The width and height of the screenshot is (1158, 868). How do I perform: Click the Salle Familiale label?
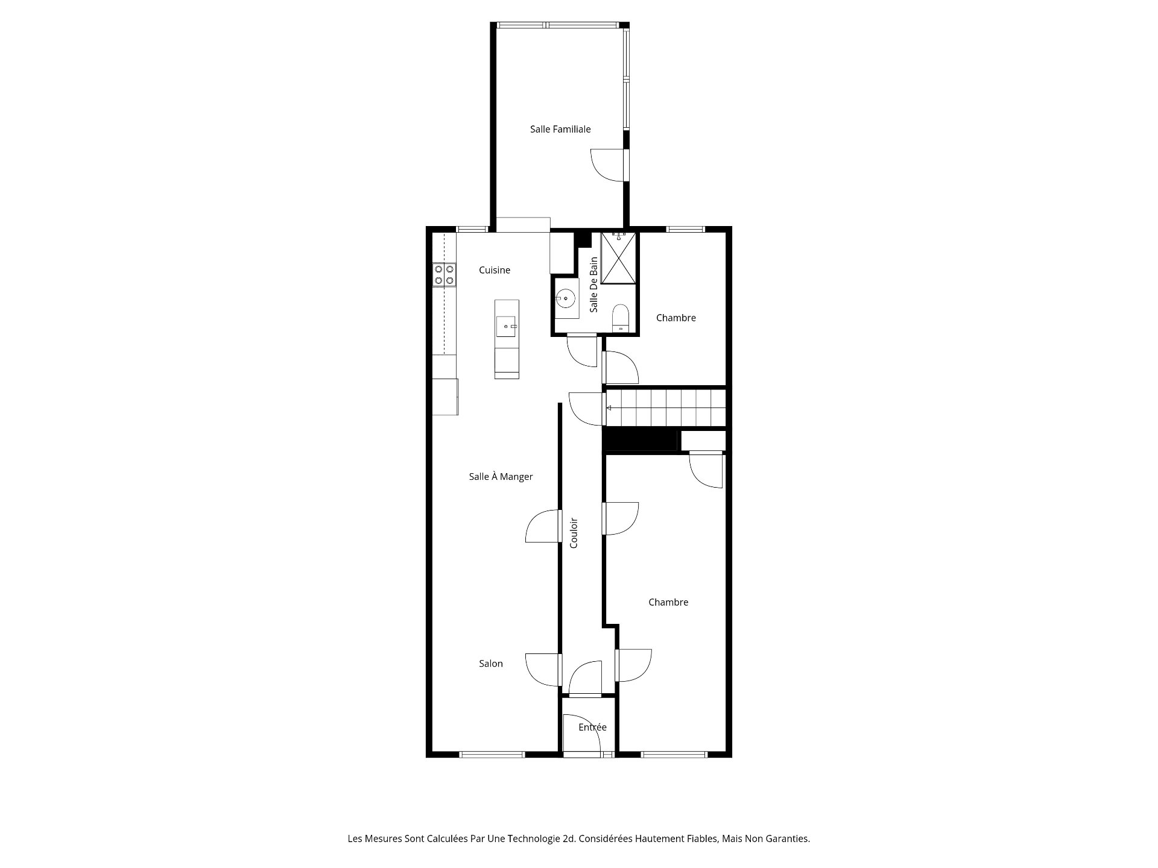click(x=560, y=129)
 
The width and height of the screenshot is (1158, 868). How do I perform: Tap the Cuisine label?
click(x=495, y=270)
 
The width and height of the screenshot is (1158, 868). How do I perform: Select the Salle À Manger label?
click(x=501, y=477)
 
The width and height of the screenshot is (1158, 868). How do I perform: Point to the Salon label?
click(x=491, y=664)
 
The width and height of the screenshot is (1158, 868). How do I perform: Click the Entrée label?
click(x=592, y=728)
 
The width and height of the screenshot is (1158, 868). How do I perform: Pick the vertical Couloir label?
click(x=574, y=533)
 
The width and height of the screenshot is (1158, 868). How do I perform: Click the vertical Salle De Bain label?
click(x=594, y=285)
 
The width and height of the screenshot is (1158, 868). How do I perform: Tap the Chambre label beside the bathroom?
click(x=675, y=318)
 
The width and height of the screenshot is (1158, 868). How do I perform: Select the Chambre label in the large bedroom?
click(x=668, y=602)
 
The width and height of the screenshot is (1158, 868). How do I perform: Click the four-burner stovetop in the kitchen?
click(x=445, y=274)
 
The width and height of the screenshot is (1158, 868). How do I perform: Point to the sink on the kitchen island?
click(x=507, y=326)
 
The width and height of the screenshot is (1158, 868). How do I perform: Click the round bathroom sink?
click(x=566, y=297)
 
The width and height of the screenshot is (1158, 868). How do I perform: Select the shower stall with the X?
click(x=619, y=257)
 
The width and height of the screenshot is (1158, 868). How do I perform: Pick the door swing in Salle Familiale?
click(x=606, y=164)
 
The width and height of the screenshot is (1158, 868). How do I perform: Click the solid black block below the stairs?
click(x=641, y=439)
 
